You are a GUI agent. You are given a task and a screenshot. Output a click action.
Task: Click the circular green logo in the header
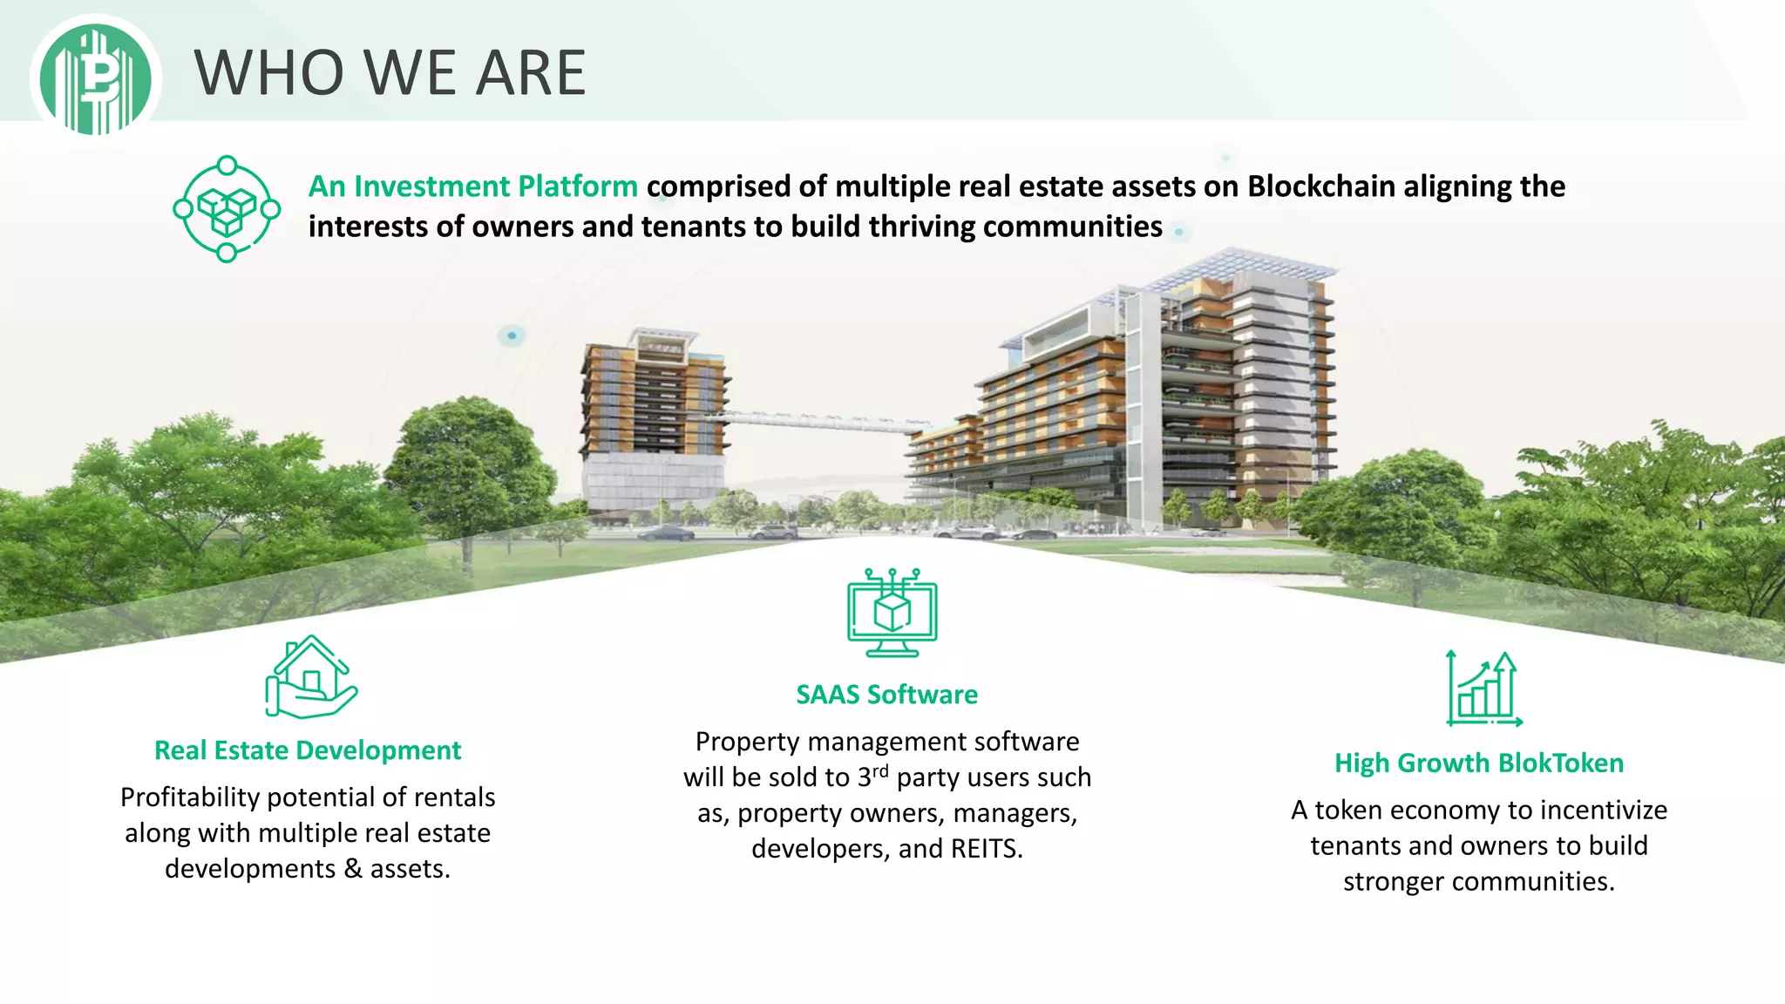96,78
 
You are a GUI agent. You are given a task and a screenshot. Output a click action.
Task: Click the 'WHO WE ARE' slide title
390,72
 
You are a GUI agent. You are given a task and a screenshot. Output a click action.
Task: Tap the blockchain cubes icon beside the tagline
227,209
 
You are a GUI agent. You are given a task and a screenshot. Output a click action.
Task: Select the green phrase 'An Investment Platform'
472,187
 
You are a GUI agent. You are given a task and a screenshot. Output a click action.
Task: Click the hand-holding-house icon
310,677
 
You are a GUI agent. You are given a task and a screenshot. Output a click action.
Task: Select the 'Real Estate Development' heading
308,750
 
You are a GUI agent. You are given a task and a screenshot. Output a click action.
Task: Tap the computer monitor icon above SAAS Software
892,613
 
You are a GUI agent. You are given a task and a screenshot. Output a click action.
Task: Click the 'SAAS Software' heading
886,695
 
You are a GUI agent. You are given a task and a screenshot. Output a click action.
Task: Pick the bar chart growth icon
1483,689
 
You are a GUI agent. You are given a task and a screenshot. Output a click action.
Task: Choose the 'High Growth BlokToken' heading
1479,763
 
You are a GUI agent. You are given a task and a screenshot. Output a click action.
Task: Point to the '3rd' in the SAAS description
872,776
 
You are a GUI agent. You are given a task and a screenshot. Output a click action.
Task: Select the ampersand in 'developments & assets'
353,869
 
